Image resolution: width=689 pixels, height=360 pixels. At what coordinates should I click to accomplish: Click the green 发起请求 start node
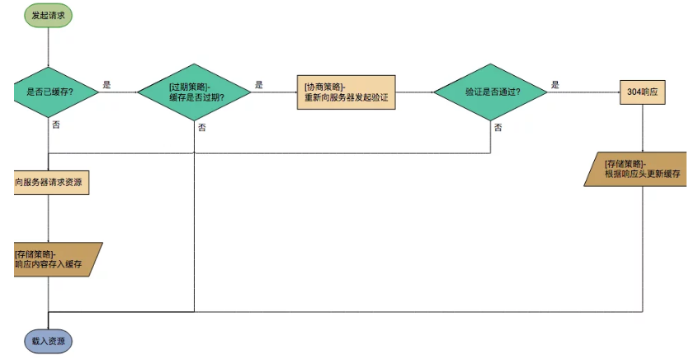point(48,16)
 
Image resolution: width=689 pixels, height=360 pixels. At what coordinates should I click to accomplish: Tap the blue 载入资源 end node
point(48,341)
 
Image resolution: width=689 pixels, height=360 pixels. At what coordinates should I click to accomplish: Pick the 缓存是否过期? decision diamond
point(194,92)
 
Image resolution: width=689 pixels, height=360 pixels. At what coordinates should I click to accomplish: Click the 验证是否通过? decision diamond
point(490,92)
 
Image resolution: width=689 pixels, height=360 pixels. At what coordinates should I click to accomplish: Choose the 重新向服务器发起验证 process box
point(347,92)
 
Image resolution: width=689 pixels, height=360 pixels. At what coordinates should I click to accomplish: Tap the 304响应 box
point(643,92)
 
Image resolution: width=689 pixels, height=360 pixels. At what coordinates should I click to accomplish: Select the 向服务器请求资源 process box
point(51,182)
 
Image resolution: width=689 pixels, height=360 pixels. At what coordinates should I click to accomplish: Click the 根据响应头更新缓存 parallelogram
point(635,169)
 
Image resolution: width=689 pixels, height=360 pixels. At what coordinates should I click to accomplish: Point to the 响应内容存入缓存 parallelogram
point(57,259)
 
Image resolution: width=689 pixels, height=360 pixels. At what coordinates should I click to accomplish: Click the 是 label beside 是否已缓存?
point(106,85)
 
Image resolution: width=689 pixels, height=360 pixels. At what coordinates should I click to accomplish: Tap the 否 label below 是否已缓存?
point(56,125)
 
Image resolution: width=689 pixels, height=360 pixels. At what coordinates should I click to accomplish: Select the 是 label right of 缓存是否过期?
point(259,85)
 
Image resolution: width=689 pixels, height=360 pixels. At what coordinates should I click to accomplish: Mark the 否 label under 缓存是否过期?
point(201,127)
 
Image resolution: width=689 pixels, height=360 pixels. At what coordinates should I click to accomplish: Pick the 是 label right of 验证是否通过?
point(555,85)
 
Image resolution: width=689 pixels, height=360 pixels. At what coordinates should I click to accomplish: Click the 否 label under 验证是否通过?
point(498,127)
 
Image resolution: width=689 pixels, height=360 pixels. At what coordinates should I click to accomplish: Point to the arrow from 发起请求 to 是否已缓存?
point(48,47)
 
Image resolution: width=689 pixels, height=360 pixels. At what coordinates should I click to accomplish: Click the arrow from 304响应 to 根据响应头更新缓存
point(643,128)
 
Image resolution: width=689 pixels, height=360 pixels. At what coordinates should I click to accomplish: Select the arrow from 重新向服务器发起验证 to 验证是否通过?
point(415,92)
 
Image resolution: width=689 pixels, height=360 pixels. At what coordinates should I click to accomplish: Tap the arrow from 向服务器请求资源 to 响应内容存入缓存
point(48,219)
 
